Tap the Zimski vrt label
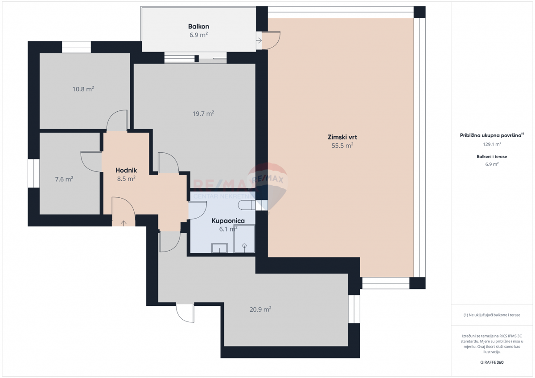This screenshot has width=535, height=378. pos(342,137)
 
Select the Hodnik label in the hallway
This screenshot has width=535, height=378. pos(126,170)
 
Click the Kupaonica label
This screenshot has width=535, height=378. pos(228,220)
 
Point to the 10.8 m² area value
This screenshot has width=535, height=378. pos(83,89)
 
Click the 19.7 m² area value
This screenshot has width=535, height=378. pos(203,114)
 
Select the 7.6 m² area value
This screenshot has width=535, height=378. pos(64,179)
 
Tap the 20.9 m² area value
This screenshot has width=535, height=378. pos(261,309)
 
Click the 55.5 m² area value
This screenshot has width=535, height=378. pos(342,145)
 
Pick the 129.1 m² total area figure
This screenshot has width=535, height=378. pos(492,144)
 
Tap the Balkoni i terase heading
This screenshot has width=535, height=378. pos(492,157)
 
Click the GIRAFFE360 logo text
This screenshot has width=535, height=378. pos(492,362)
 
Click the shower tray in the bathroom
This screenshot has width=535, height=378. pos(244,239)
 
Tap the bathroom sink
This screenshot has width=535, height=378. pos(219,248)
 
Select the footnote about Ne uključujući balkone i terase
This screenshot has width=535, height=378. pos(492,315)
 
